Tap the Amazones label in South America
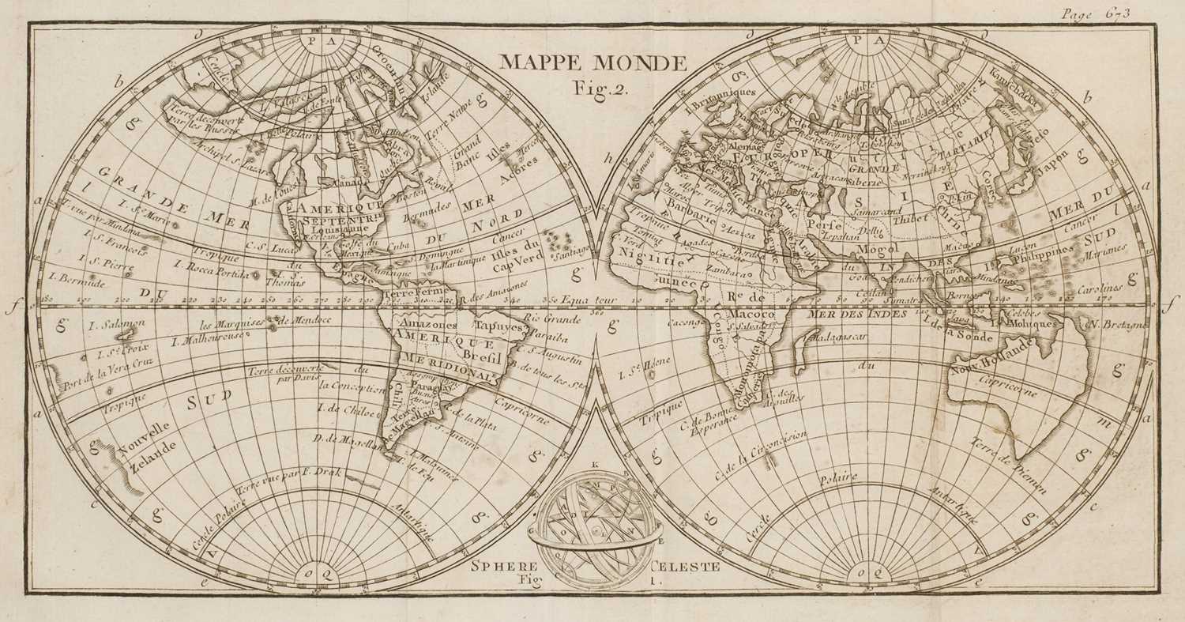[x=428, y=325]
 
